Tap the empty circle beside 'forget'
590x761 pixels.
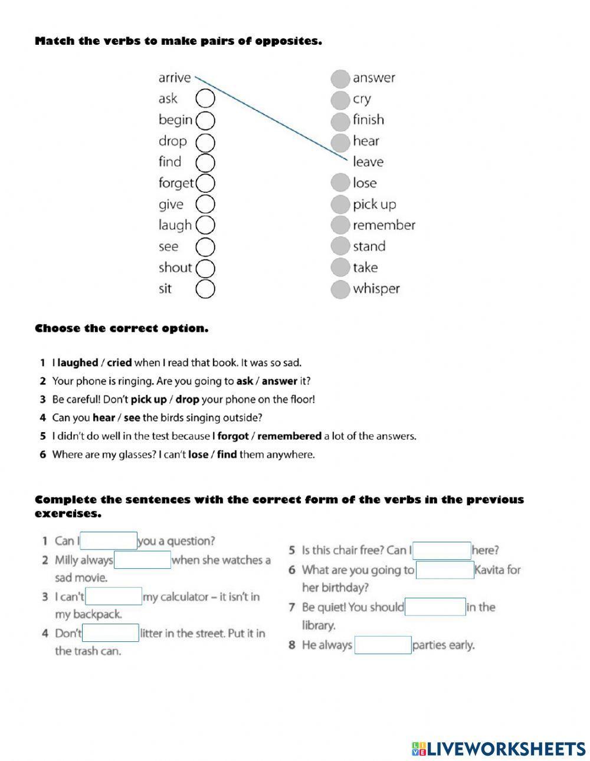point(205,183)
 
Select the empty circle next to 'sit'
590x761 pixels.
point(205,289)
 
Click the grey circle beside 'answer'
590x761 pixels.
point(340,78)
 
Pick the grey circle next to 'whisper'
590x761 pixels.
point(340,289)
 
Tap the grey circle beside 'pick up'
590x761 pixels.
point(340,205)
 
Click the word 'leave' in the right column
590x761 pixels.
point(368,162)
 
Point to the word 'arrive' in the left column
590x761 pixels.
point(174,78)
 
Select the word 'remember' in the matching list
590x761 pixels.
point(383,225)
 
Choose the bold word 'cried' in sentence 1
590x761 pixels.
point(119,363)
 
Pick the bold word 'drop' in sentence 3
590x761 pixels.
point(187,400)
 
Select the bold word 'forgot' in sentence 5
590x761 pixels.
point(233,437)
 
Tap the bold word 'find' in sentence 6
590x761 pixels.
point(227,455)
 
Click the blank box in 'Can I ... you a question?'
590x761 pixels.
point(109,541)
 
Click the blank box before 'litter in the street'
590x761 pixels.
point(110,634)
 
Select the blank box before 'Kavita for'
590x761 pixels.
point(445,570)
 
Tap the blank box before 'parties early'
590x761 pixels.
point(382,645)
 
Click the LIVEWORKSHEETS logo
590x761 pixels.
point(499,749)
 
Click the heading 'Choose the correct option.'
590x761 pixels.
point(122,328)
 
